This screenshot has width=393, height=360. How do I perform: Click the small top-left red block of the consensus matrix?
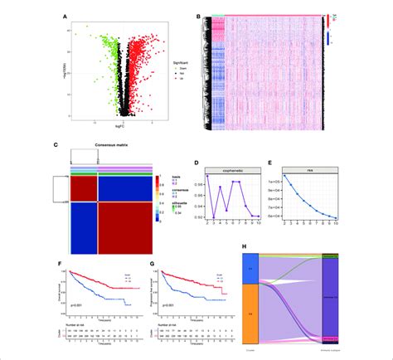(85, 187)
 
